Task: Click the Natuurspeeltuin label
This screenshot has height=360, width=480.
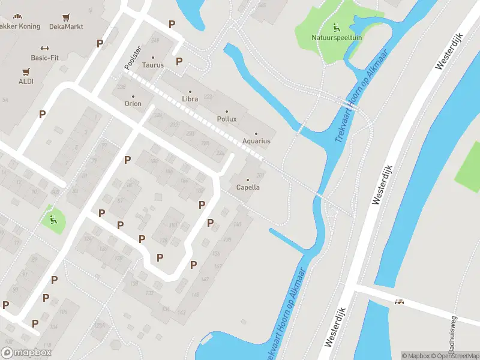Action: pyautogui.click(x=337, y=38)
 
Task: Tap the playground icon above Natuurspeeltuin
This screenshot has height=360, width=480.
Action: pyautogui.click(x=336, y=27)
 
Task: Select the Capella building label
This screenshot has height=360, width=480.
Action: pyautogui.click(x=248, y=187)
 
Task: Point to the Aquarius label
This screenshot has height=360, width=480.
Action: pyautogui.click(x=256, y=141)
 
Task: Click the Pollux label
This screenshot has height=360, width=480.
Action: pyautogui.click(x=227, y=119)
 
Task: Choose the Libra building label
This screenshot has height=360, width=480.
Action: pyautogui.click(x=190, y=98)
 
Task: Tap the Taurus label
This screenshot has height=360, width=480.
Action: pyautogui.click(x=153, y=65)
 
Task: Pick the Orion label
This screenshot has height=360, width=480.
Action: pyautogui.click(x=133, y=104)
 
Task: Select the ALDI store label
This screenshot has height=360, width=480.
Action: pyautogui.click(x=26, y=81)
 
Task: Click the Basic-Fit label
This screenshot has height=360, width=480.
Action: pyautogui.click(x=44, y=58)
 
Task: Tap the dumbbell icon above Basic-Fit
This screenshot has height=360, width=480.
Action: pyautogui.click(x=44, y=48)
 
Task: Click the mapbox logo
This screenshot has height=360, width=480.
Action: pyautogui.click(x=26, y=353)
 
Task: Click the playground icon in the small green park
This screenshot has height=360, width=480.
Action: pyautogui.click(x=53, y=219)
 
